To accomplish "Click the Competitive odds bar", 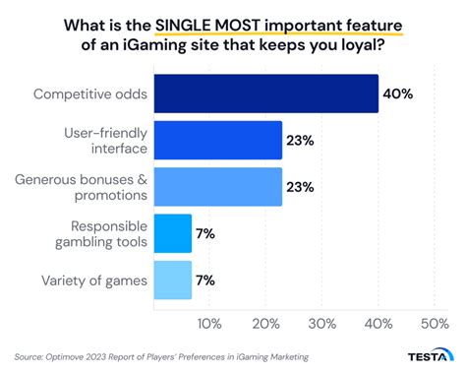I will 265,94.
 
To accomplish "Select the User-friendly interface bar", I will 217,141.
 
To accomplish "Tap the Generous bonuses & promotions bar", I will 217,187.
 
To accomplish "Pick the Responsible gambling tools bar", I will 172,233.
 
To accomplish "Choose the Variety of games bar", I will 172,280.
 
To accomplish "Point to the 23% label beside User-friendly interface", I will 300,141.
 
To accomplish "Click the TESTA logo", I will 429,358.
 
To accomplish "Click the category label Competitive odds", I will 90,94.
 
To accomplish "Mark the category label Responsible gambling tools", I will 96,233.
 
